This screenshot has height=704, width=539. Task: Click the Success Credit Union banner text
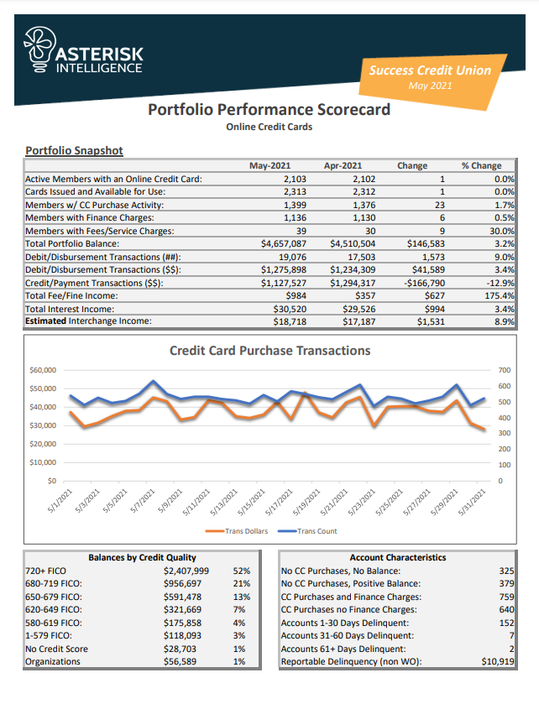(x=430, y=70)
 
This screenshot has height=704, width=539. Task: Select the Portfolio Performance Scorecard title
(x=269, y=110)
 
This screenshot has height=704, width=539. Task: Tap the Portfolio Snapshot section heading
(x=75, y=151)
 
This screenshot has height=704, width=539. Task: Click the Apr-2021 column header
(x=343, y=166)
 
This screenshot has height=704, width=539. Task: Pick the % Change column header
(x=481, y=166)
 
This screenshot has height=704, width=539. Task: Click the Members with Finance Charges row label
(x=91, y=217)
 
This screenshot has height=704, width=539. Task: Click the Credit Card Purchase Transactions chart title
(x=269, y=351)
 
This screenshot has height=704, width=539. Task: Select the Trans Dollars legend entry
(x=243, y=530)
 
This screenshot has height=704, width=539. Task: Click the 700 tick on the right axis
(x=480, y=370)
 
